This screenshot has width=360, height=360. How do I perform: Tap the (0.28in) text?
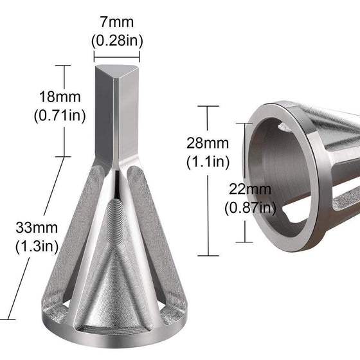point(116,40)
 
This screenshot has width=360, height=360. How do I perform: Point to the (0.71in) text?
point(50,117)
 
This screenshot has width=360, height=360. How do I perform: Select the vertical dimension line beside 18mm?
point(64,109)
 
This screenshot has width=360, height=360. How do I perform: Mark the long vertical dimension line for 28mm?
point(207,180)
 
